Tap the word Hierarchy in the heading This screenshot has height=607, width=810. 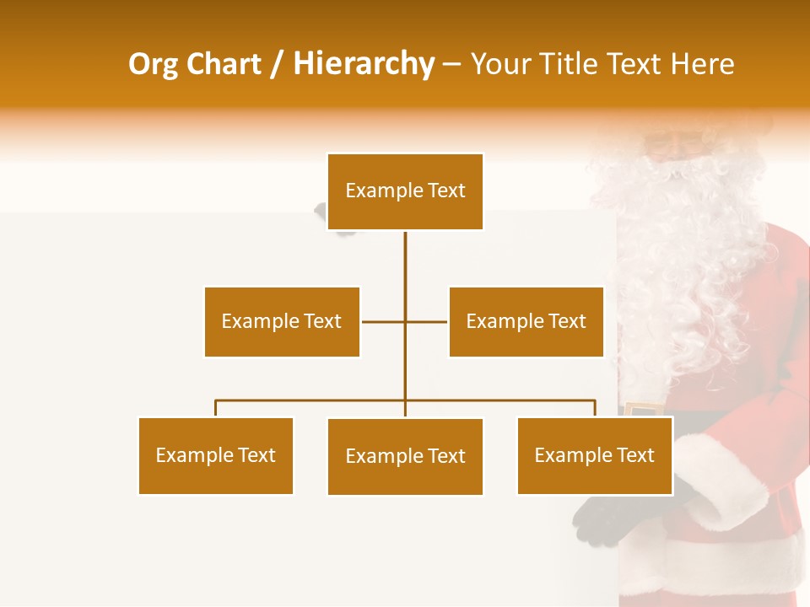364,65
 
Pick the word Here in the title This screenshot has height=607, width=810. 702,65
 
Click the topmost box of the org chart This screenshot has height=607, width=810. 405,191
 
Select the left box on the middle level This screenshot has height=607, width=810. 282,321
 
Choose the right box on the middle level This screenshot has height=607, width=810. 526,321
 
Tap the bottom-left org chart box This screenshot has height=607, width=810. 215,455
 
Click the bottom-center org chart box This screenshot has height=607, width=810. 405,456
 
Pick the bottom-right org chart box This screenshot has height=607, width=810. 594,455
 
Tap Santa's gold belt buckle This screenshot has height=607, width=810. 644,410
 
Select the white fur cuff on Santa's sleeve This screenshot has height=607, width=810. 717,481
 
